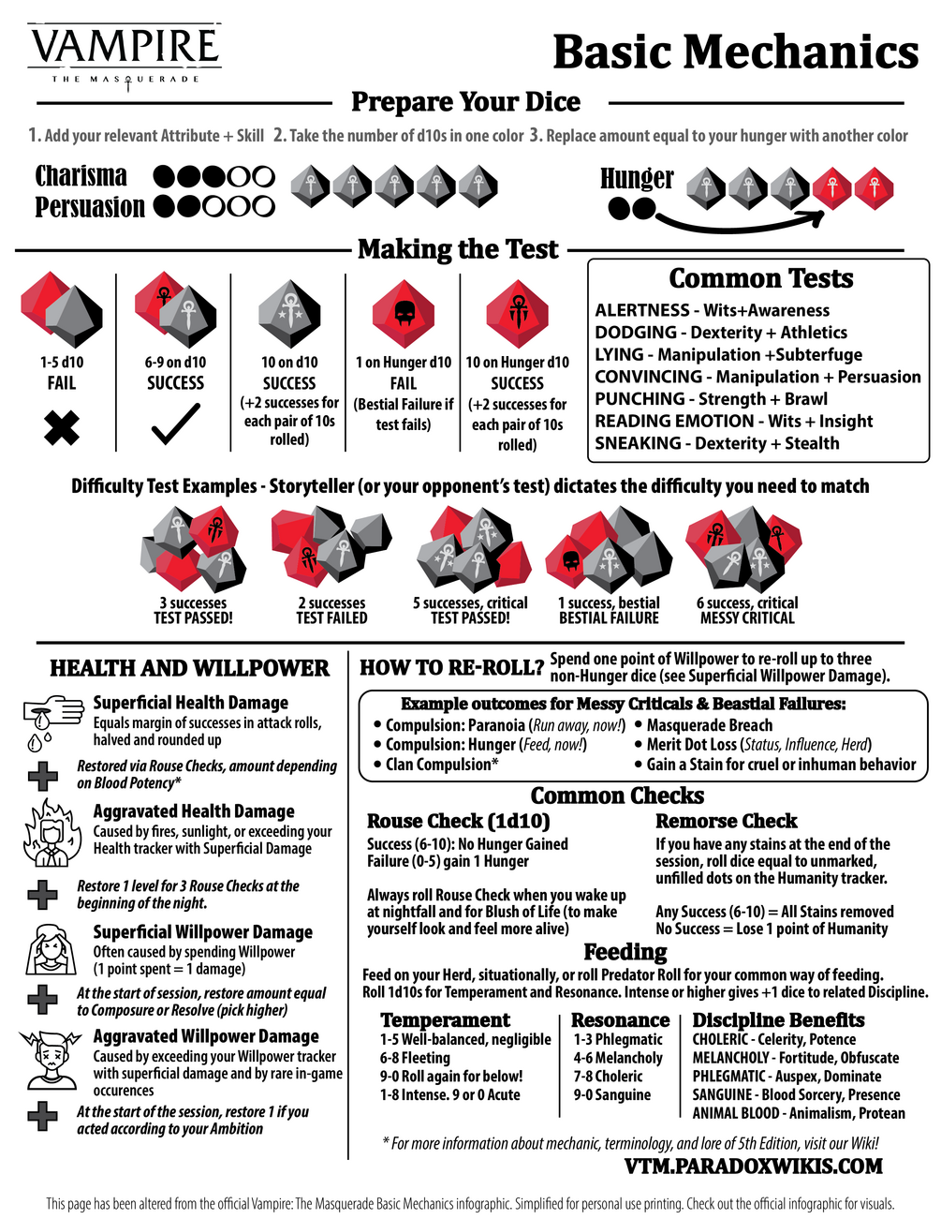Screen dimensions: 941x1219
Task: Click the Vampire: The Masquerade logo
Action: (125, 56)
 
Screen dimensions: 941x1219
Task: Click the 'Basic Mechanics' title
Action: (735, 52)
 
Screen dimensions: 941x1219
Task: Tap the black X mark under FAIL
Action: (61, 427)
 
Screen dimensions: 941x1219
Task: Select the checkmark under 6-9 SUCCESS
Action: (175, 424)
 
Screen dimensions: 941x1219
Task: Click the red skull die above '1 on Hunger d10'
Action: (403, 314)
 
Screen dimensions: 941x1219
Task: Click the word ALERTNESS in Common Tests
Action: (641, 310)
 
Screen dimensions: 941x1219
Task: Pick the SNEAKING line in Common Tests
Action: (717, 443)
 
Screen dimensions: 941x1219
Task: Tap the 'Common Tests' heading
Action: (760, 278)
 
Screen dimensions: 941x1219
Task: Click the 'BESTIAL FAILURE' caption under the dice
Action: (609, 617)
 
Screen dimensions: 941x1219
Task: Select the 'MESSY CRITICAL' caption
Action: (747, 617)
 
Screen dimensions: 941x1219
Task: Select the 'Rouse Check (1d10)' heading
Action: (458, 821)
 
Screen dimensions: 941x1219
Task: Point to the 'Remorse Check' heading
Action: (726, 821)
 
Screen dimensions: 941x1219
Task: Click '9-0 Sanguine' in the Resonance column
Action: (611, 1094)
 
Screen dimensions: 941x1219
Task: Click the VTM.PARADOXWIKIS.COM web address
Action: (753, 1167)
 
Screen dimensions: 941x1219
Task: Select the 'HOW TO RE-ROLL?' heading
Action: (451, 667)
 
